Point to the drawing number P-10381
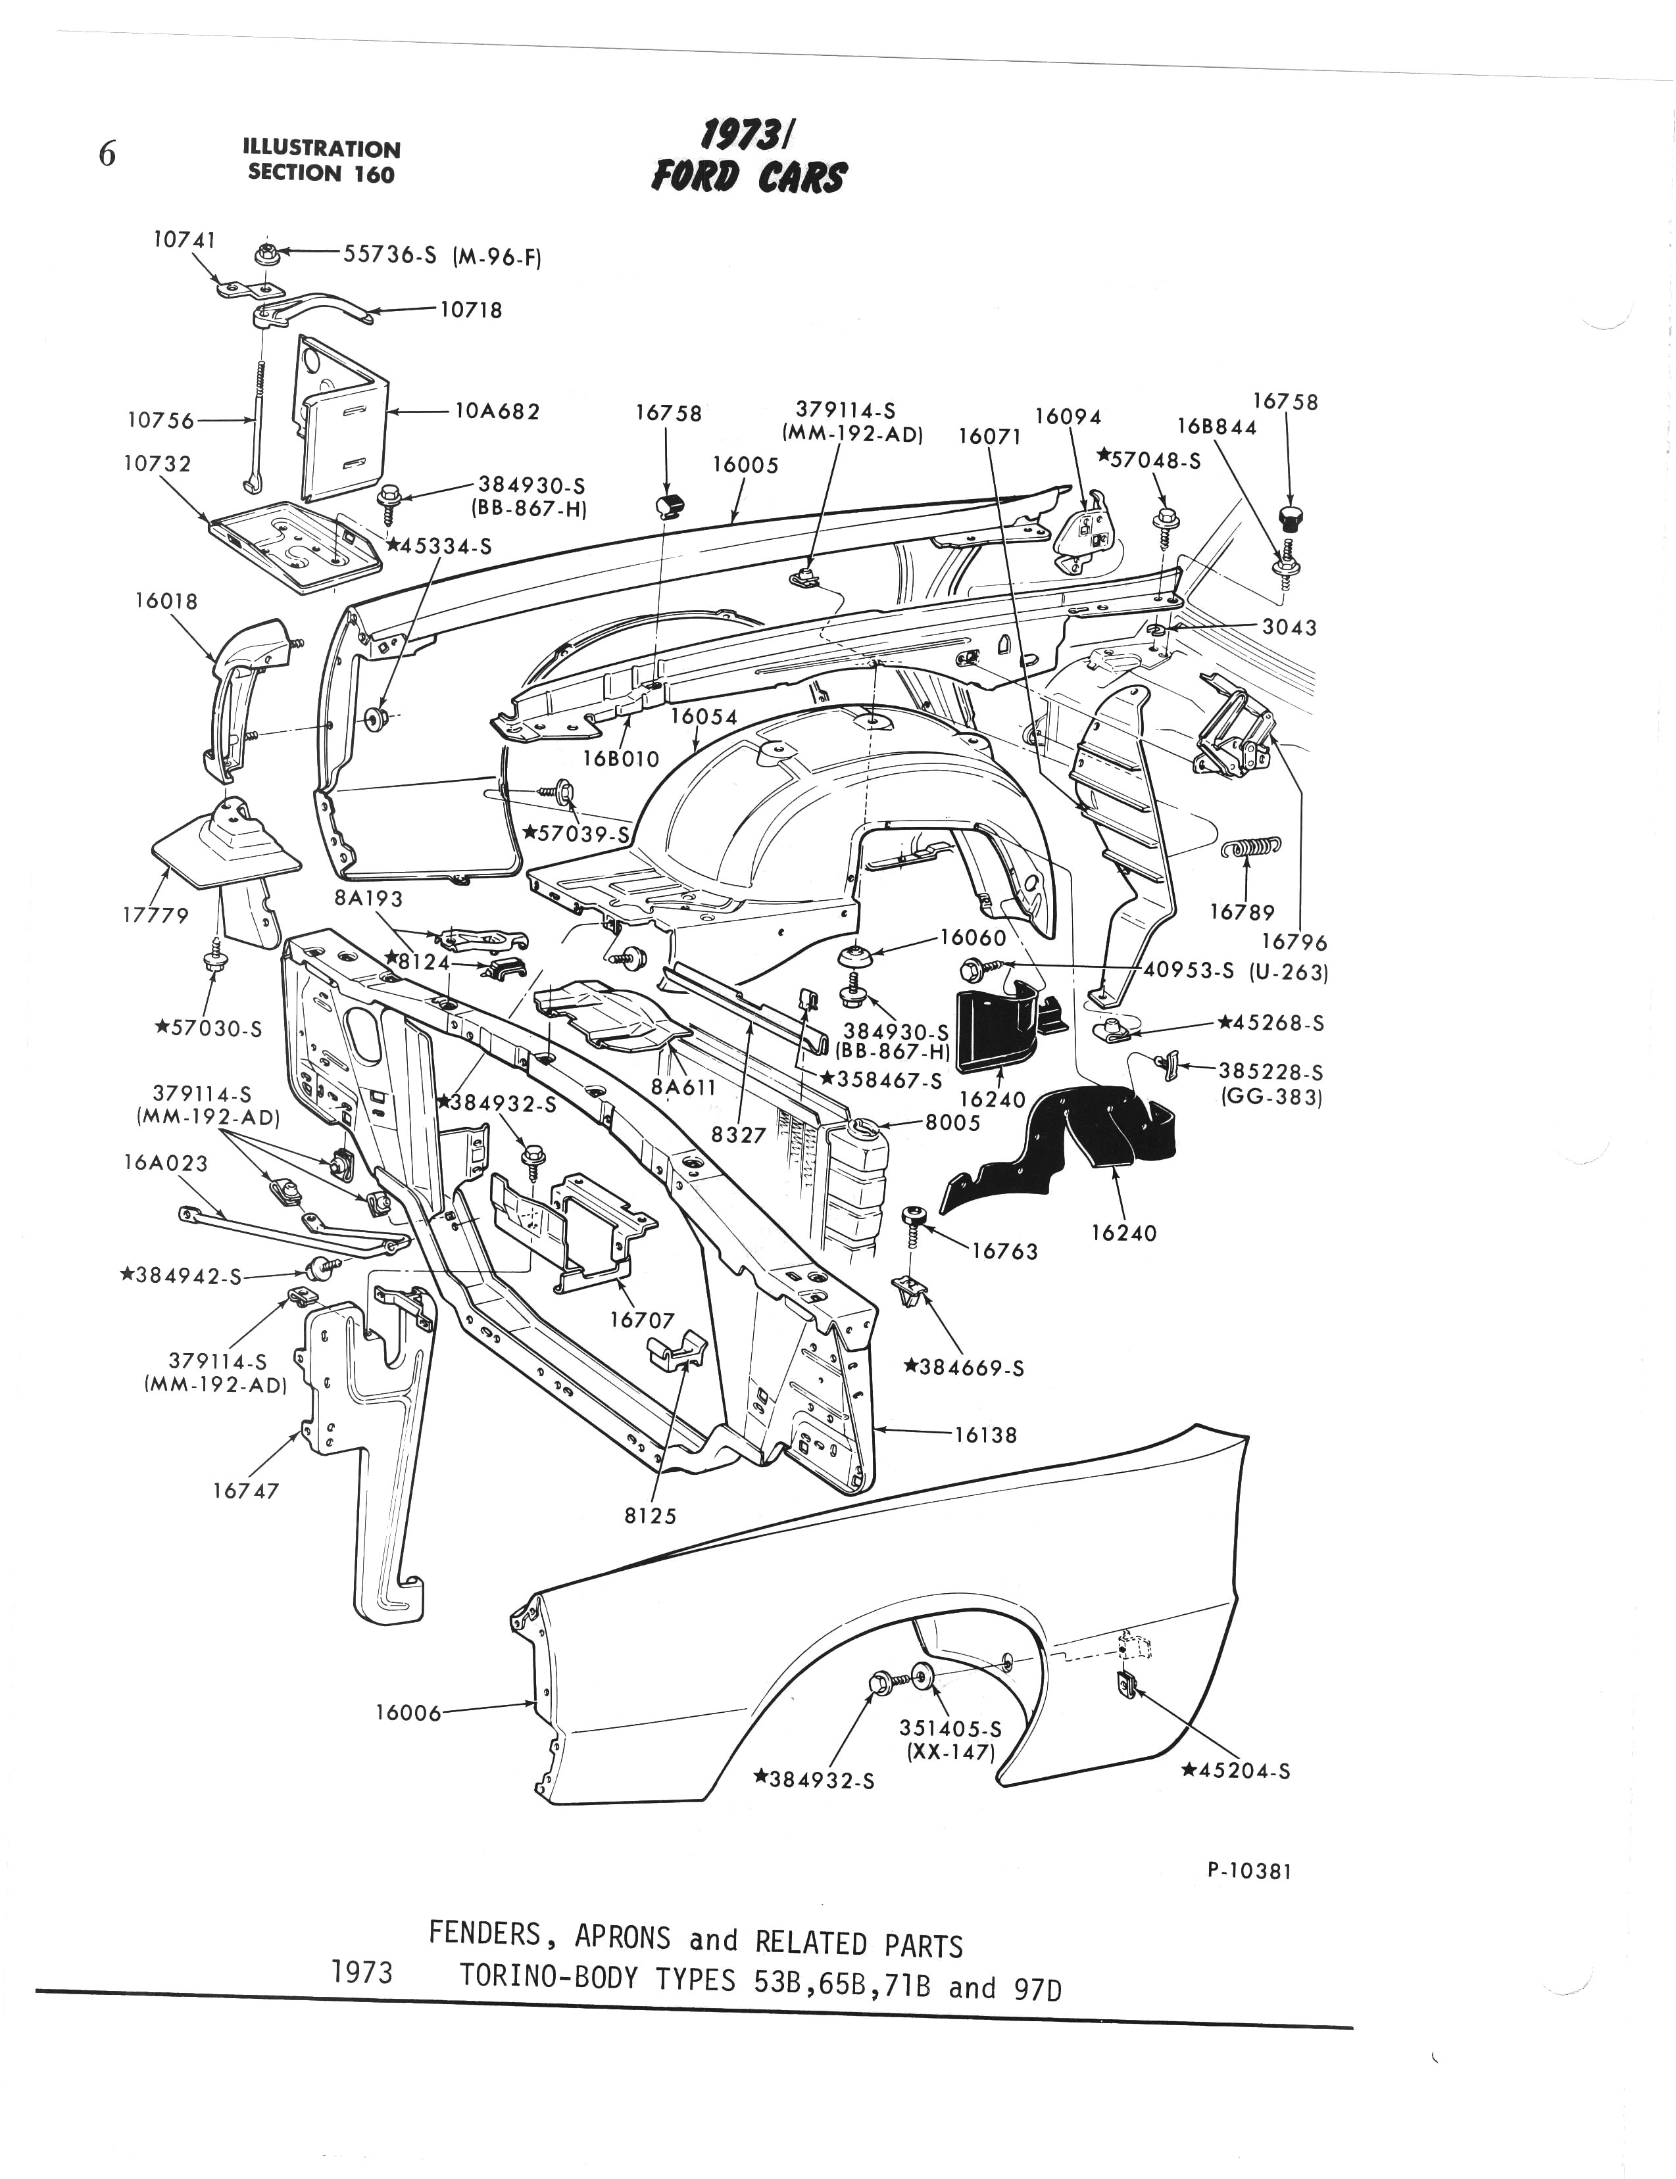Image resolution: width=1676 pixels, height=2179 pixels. (1249, 1871)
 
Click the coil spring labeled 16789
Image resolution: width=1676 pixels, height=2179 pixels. (1251, 849)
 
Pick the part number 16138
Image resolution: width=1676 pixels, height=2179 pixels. (985, 1435)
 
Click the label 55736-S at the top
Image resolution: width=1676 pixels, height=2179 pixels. (390, 254)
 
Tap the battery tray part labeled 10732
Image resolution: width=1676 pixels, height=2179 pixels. (296, 546)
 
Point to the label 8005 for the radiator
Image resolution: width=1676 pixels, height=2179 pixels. (952, 1122)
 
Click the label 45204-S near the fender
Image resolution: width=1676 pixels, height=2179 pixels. (1235, 1770)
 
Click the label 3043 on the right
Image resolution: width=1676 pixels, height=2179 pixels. (1289, 627)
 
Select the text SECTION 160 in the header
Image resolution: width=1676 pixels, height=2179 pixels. (321, 174)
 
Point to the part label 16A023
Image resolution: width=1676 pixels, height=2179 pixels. (166, 1162)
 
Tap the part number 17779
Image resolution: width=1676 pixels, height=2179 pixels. (156, 915)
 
